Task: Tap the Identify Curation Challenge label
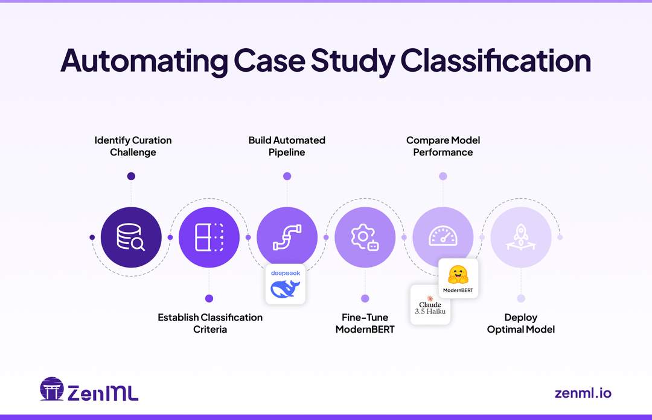point(133,146)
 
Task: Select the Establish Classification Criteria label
point(210,323)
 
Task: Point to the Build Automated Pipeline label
point(287,146)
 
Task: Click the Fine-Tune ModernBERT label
point(365,323)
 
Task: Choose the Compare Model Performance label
point(443,146)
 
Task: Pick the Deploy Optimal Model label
point(520,323)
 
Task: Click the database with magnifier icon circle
point(131,237)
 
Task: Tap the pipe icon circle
point(287,237)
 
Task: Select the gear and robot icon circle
point(365,237)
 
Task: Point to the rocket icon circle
point(520,237)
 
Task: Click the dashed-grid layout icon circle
point(209,237)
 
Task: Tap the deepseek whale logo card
point(286,284)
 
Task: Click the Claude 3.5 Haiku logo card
point(430,305)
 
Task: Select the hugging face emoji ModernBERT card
point(458,278)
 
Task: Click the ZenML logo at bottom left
point(89,390)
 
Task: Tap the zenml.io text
point(583,393)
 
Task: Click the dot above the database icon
point(131,176)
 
